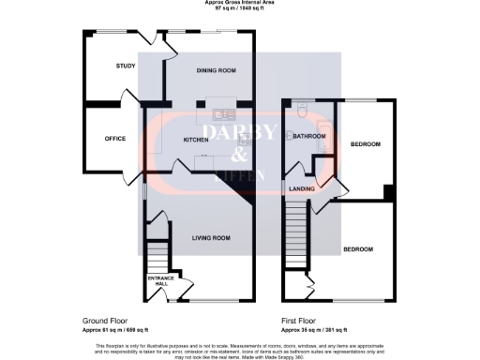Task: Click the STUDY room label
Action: pos(127,67)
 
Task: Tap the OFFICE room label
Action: pos(115,139)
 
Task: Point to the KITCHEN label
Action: pos(196,140)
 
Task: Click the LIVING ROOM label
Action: pos(211,238)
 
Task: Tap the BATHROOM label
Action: pos(308,137)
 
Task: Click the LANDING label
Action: pos(302,188)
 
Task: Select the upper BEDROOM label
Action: pos(365,144)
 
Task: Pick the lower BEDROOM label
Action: pos(357,249)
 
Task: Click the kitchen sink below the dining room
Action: pos(223,115)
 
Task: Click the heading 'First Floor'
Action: pos(297,322)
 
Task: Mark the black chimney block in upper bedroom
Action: pos(388,192)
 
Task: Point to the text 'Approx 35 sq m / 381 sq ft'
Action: pos(314,330)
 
